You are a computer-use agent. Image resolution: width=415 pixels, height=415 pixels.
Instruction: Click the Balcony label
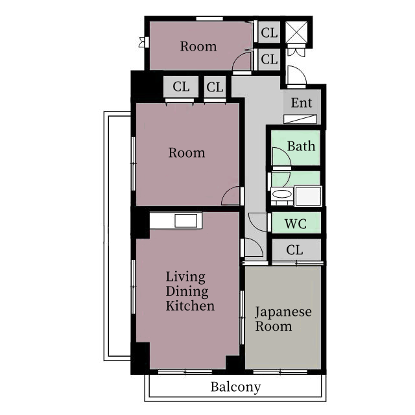pos(235,387)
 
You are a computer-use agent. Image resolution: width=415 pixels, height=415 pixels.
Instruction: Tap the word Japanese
pos(283,312)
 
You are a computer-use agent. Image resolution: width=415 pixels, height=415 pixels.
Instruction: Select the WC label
pos(296,224)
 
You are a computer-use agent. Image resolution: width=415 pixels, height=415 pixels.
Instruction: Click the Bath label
pos(301,146)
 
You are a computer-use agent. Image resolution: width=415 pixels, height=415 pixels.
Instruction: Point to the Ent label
pos(302,102)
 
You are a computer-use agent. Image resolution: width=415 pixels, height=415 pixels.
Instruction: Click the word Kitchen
pos(190,305)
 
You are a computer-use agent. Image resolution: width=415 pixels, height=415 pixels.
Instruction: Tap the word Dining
pos(187,291)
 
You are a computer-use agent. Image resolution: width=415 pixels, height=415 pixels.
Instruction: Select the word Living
pos(185,277)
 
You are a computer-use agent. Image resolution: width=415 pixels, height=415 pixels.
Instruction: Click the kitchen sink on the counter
pos(186,220)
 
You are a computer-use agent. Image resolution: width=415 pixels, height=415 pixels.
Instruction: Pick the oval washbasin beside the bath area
pos(282,194)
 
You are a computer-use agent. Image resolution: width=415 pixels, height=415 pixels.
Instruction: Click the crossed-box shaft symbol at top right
pos(296,32)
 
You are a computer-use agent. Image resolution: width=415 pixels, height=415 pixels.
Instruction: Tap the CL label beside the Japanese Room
pos(294,250)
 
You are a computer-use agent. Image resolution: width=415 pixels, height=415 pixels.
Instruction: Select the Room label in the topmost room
pos(198,47)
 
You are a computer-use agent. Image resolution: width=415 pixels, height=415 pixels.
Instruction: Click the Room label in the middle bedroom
pos(187,153)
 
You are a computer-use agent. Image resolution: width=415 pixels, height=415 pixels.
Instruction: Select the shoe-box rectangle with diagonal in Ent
pos(300,119)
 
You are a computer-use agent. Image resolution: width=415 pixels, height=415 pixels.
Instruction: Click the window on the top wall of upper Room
pos(209,19)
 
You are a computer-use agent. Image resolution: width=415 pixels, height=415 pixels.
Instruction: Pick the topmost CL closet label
pos(269,33)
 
